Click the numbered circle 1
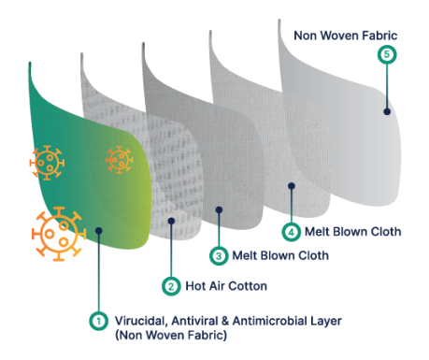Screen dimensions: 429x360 (x=96, y=320)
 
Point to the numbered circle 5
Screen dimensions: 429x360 (x=387, y=55)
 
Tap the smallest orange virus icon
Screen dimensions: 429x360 (x=119, y=159)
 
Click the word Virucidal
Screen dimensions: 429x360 (x=141, y=320)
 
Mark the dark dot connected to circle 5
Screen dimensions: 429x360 (x=387, y=111)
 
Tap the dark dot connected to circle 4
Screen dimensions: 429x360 (x=292, y=185)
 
